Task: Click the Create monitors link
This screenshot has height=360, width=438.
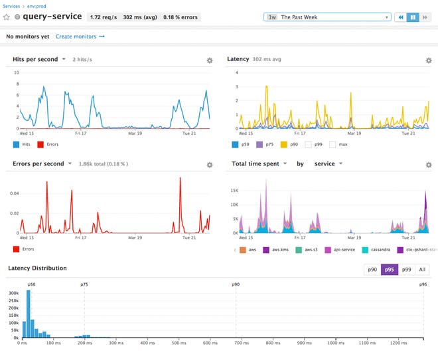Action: click(x=80, y=37)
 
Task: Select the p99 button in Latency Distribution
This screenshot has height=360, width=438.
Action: click(x=407, y=269)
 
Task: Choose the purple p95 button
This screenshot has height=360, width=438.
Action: click(x=389, y=269)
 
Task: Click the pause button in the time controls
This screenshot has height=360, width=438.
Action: click(x=412, y=17)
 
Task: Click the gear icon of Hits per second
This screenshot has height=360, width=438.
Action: click(x=209, y=60)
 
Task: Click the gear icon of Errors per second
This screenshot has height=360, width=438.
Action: click(x=209, y=165)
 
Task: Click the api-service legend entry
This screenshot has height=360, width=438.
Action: click(x=338, y=249)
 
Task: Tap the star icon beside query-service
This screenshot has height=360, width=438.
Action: click(x=7, y=17)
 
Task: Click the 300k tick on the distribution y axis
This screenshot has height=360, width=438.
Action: click(x=13, y=292)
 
